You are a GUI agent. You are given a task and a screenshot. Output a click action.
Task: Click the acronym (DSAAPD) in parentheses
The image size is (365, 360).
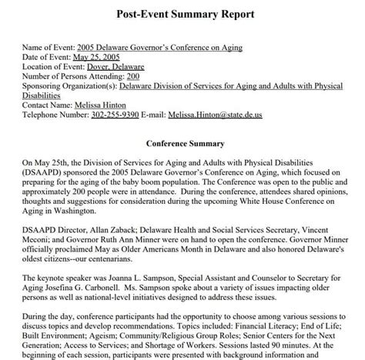click(x=49, y=173)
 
